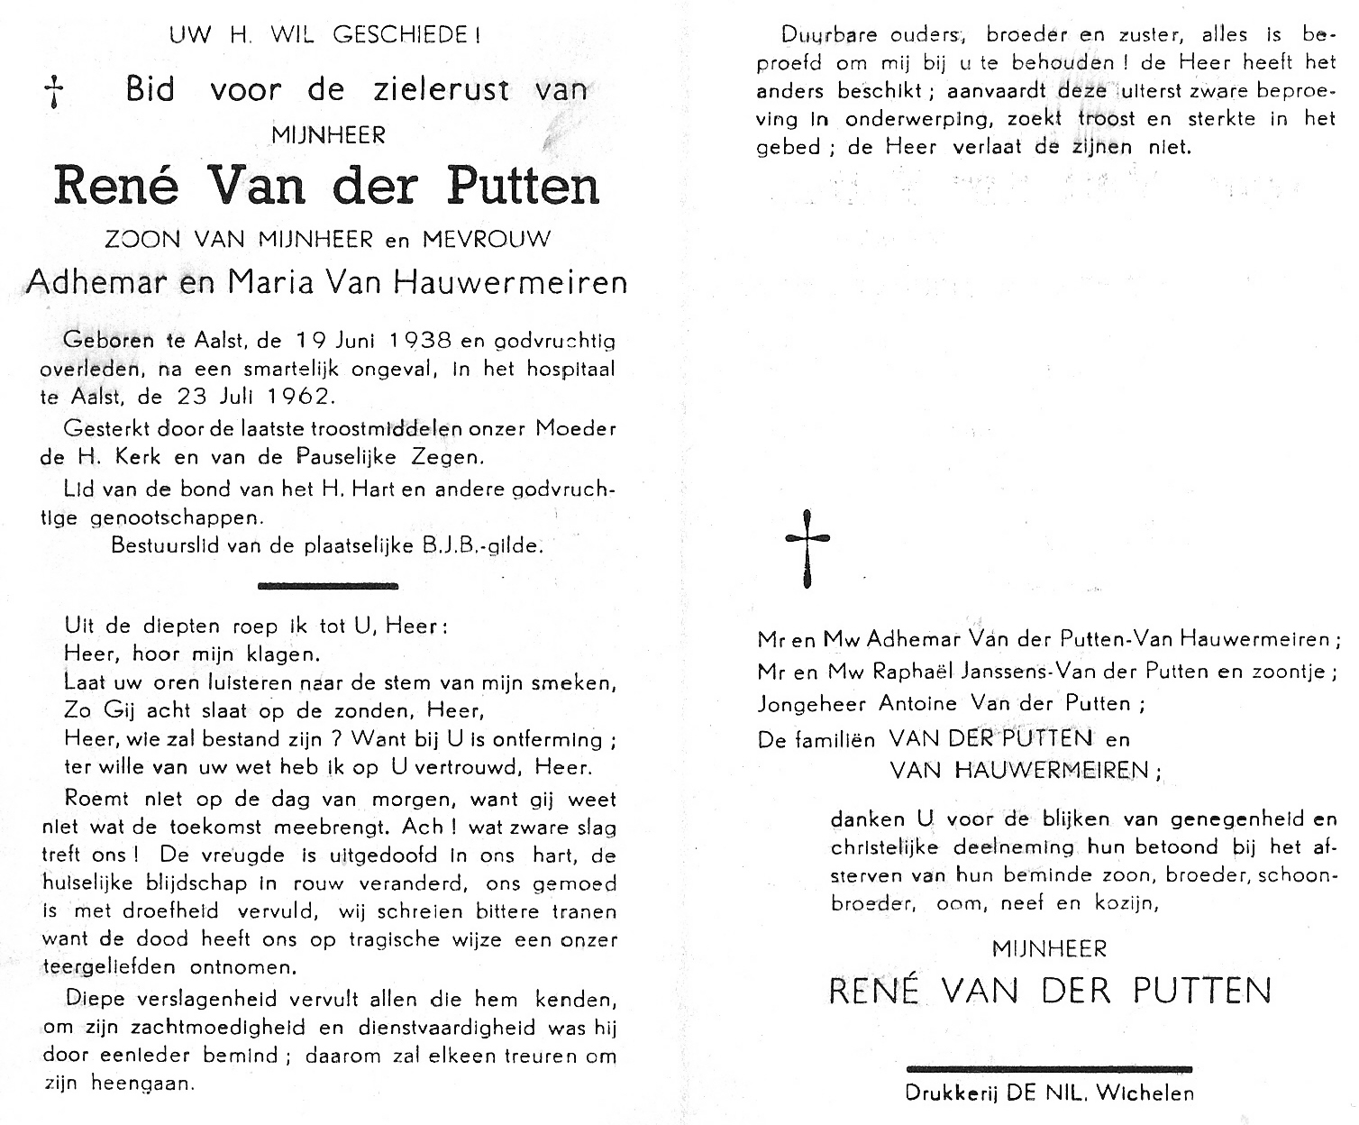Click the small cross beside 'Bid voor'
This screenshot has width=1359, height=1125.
click(x=56, y=93)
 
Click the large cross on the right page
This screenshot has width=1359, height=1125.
click(x=807, y=546)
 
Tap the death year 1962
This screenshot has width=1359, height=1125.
click(x=289, y=396)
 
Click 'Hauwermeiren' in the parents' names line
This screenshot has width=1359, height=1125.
click(x=530, y=283)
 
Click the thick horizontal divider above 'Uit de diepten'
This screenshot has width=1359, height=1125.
click(x=328, y=585)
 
